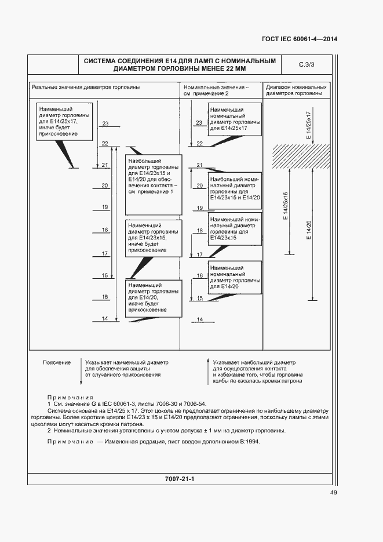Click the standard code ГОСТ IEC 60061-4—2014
pos(299,39)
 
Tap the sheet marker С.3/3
pos(306,64)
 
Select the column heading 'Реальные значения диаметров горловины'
pos(86,87)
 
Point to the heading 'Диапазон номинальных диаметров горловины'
pos(296,90)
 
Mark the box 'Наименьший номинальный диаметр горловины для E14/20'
pos(234,278)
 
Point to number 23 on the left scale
pos(105,123)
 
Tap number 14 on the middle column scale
pos(199,319)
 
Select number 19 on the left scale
pos(105,207)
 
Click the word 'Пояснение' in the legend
pos(57,362)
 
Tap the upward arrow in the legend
pos(207,371)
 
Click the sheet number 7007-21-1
pos(179,479)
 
